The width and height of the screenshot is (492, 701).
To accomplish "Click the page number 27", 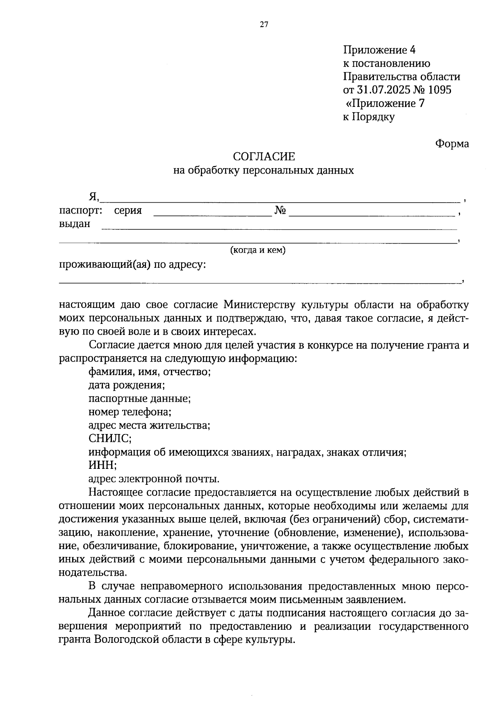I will pos(264,25).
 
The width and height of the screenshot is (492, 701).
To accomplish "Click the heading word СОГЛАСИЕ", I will pos(264,157).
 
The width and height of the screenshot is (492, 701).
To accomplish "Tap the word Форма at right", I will pos(452,144).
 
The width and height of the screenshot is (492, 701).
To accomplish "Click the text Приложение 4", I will pos(379,50).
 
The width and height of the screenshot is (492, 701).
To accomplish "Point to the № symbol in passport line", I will pos(280,211).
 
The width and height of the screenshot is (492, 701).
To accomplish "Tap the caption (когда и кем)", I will pos(257,250).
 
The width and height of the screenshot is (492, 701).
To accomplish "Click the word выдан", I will pos(75,224).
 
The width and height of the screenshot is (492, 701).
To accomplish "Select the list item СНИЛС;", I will pos(110,439).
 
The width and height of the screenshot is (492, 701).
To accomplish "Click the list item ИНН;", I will pos(102,465).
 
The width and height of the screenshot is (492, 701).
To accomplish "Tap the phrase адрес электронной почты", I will pos(154,478).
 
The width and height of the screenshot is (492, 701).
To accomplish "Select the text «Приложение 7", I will pos(384,104).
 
